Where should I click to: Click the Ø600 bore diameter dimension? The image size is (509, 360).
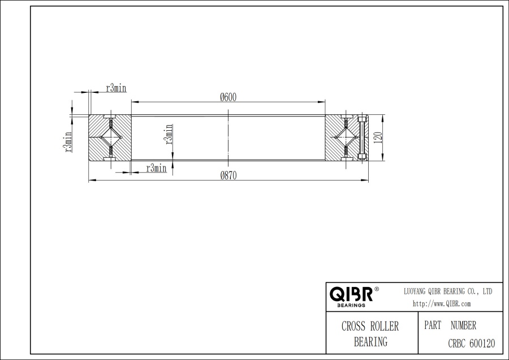tap(228, 97)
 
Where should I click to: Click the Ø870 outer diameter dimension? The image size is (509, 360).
tap(228, 175)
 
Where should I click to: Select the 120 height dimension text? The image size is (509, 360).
tap(378, 137)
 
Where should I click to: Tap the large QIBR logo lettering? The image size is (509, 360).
tap(351, 294)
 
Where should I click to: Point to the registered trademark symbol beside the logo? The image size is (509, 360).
tap(377, 289)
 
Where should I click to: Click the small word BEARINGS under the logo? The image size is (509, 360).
tap(351, 305)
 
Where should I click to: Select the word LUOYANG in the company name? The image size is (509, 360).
tap(416, 291)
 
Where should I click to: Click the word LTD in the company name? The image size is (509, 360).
tap(486, 291)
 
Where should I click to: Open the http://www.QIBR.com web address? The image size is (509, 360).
tap(442, 303)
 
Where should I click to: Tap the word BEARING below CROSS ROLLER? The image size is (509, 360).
tap(370, 341)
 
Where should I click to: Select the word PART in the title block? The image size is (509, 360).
tap(433, 325)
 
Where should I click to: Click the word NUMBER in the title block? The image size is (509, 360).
tap(463, 325)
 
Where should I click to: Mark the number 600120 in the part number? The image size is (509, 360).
tap(482, 342)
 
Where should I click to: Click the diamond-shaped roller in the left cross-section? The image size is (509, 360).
tap(110, 138)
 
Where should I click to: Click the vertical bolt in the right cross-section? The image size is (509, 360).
tap(363, 138)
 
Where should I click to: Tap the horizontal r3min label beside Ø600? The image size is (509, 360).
tap(116, 88)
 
